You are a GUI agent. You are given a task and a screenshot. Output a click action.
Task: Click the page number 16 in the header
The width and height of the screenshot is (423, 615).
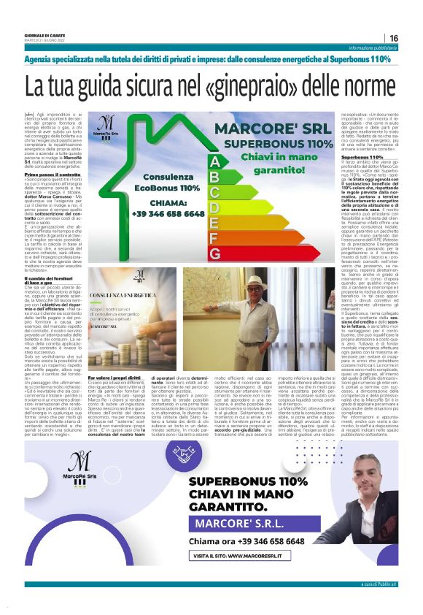point(394,38)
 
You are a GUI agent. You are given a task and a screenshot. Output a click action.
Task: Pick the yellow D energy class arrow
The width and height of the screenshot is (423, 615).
point(214,207)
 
